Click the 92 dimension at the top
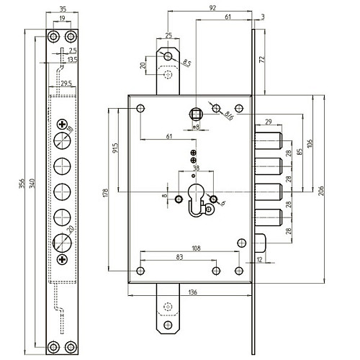pyautogui.click(x=211, y=9)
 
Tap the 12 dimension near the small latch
pyautogui.click(x=258, y=259)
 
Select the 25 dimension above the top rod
pyautogui.click(x=168, y=35)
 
